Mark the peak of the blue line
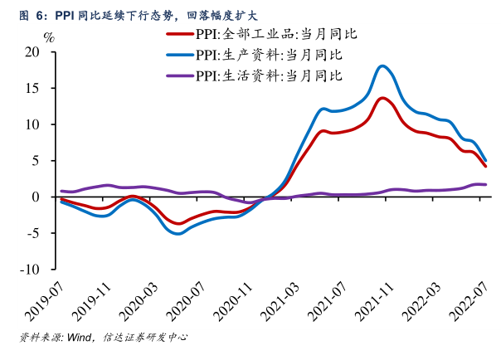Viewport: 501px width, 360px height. click(x=382, y=66)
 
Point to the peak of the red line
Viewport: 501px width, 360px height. click(x=382, y=98)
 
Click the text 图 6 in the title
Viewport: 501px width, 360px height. click(x=32, y=14)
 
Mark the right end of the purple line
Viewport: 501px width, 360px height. click(x=485, y=184)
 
